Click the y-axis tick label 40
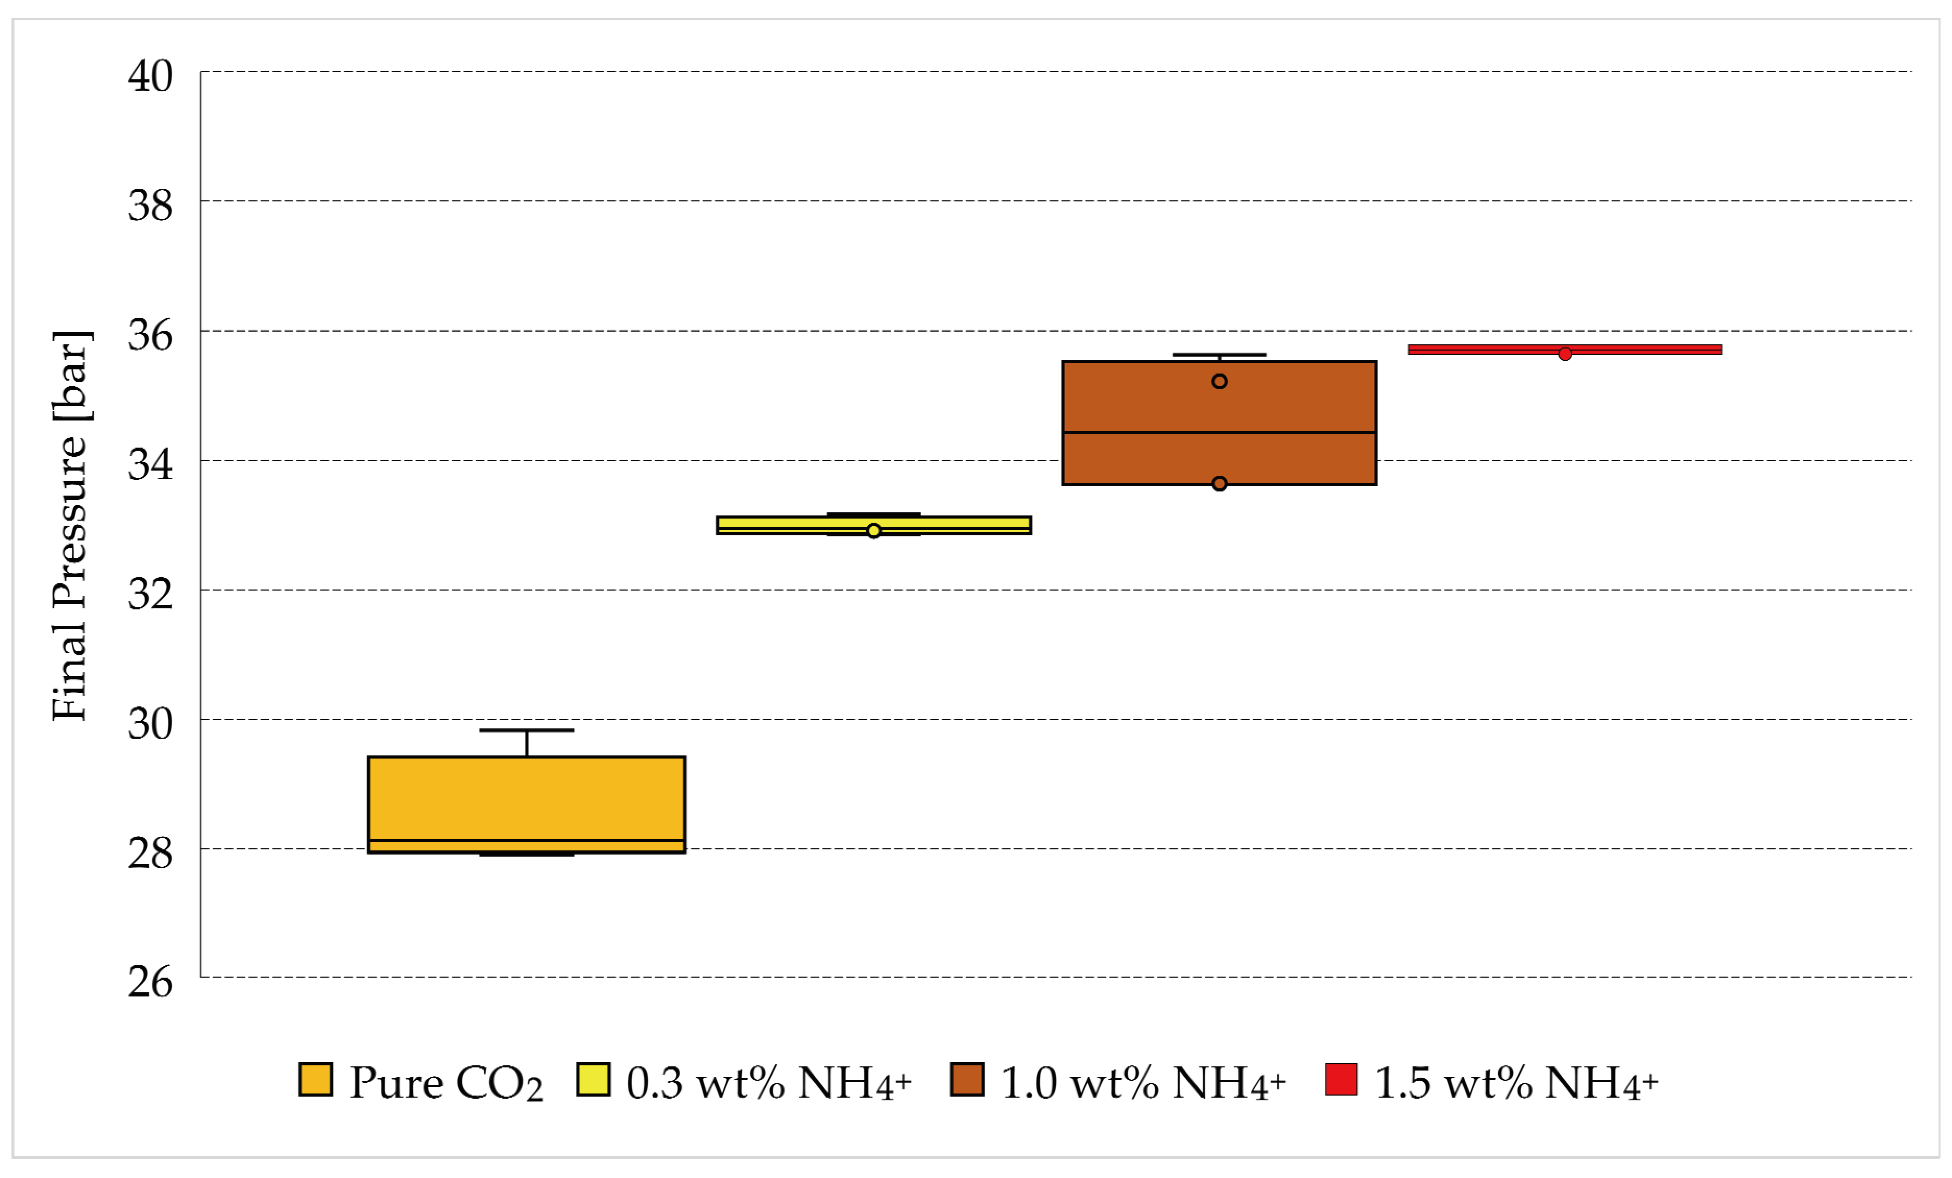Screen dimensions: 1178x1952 click(x=151, y=77)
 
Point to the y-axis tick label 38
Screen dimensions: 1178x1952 click(x=151, y=206)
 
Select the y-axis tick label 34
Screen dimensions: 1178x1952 click(x=151, y=464)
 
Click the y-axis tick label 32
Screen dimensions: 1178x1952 click(x=151, y=594)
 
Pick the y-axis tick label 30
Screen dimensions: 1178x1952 click(x=151, y=724)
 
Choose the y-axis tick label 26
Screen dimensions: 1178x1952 click(x=151, y=982)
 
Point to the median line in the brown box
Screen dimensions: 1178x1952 click(x=1149, y=432)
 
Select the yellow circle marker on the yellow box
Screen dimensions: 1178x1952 click(x=874, y=531)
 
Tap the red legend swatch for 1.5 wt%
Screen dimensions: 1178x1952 click(x=1341, y=1080)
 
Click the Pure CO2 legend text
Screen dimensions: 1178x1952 click(x=446, y=1084)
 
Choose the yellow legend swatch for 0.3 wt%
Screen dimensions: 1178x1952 click(x=593, y=1080)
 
